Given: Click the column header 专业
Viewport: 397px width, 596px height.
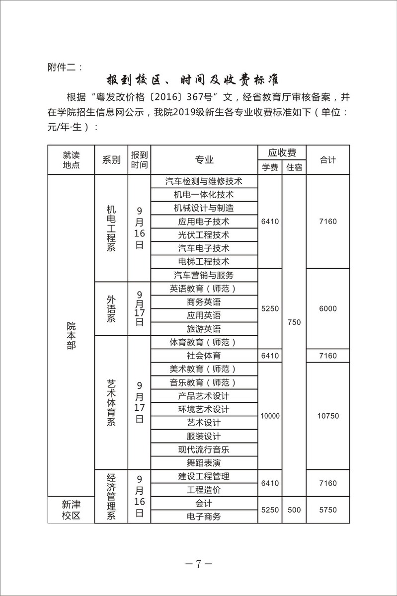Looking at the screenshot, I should click(x=204, y=159).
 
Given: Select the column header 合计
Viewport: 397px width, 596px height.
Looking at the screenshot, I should click(x=327, y=159).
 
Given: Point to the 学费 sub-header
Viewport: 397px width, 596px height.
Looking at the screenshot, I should click(x=270, y=167).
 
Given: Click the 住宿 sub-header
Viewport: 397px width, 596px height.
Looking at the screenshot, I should click(x=294, y=167).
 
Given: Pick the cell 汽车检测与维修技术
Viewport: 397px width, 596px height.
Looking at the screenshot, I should click(x=204, y=181).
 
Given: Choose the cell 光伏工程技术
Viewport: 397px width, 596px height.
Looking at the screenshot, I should click(x=204, y=234).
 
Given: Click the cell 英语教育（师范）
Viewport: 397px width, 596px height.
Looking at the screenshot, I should click(x=204, y=289).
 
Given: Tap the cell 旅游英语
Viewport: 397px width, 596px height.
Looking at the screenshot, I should click(x=204, y=329).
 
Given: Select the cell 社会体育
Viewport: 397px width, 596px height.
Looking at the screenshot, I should click(x=204, y=356).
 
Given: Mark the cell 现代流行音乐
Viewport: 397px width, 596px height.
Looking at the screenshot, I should click(x=204, y=449).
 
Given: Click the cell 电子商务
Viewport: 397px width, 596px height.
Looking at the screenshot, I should click(x=204, y=517).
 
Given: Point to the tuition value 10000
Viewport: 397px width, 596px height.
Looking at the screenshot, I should click(x=270, y=416).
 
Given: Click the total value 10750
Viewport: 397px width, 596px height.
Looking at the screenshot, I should click(x=327, y=416).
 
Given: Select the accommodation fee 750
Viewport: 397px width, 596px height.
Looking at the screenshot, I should click(x=294, y=322).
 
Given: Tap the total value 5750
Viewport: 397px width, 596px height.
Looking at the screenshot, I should click(x=327, y=510).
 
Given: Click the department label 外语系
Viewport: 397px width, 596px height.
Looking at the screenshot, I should click(x=111, y=308).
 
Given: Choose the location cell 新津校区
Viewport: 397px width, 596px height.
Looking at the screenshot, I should click(x=71, y=510).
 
